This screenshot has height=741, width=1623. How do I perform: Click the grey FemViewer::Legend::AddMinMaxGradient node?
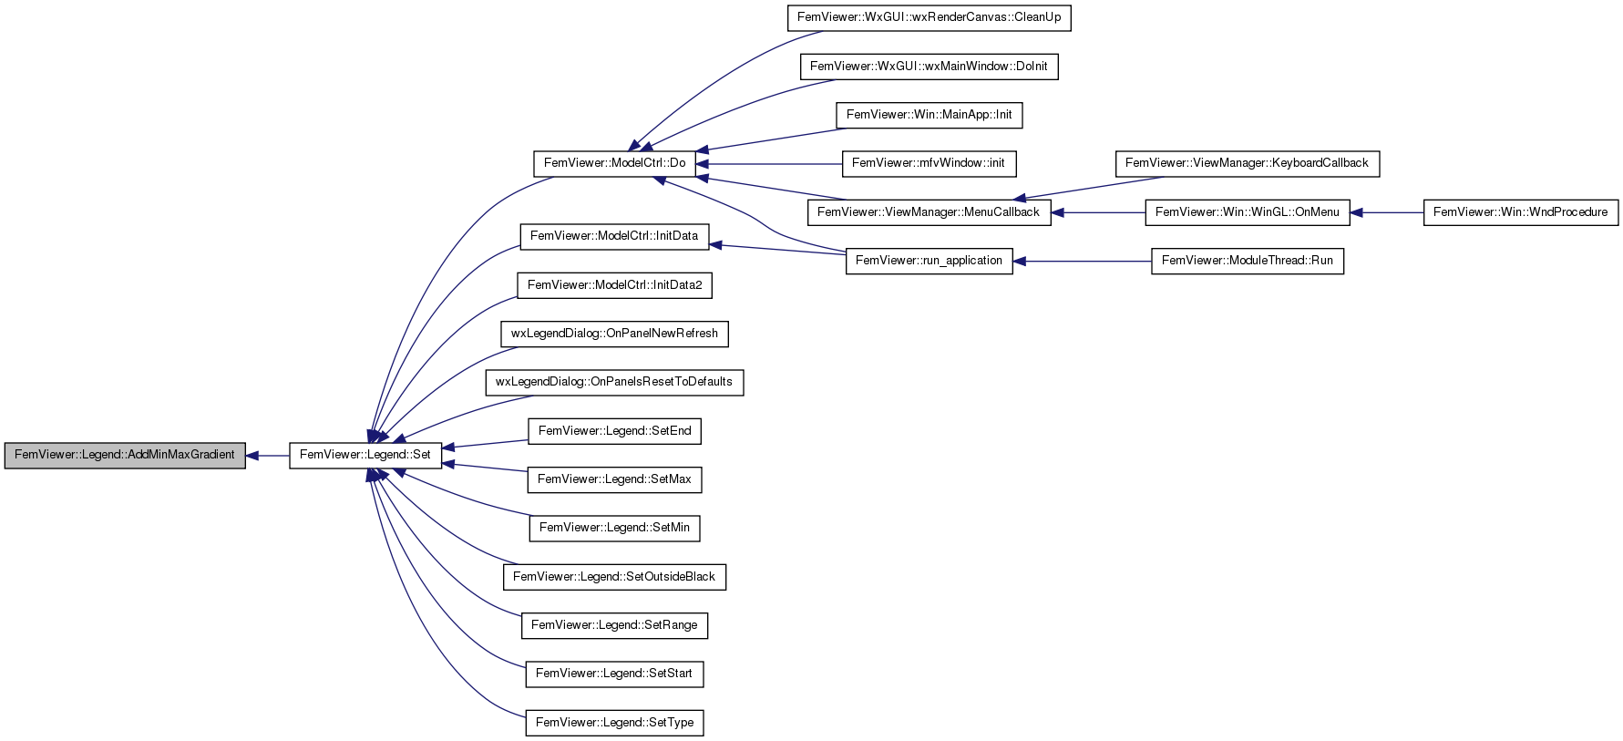pyautogui.click(x=125, y=455)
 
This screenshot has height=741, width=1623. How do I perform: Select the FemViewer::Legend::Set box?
pyautogui.click(x=365, y=455)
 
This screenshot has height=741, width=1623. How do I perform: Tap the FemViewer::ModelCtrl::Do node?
pyautogui.click(x=615, y=163)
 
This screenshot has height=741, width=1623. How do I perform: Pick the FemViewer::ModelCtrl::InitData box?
pyautogui.click(x=614, y=236)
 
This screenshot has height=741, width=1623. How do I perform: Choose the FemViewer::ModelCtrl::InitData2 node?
pyautogui.click(x=615, y=285)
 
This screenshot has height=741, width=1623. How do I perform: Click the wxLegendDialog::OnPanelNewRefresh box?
pyautogui.click(x=614, y=334)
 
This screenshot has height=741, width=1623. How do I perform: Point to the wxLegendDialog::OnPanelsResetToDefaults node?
pyautogui.click(x=614, y=382)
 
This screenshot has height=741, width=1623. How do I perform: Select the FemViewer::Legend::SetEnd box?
pyautogui.click(x=615, y=431)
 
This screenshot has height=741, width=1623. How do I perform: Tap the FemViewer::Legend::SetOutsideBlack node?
pyautogui.click(x=614, y=577)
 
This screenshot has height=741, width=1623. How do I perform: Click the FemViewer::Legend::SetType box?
pyautogui.click(x=615, y=723)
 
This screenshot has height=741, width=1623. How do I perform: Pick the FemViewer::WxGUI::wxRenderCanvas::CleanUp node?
pyautogui.click(x=930, y=17)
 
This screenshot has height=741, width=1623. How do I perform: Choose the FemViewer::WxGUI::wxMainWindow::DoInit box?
pyautogui.click(x=930, y=67)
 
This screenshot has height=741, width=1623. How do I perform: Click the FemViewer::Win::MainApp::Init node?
pyautogui.click(x=930, y=115)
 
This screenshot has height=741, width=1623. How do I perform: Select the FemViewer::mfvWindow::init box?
pyautogui.click(x=930, y=163)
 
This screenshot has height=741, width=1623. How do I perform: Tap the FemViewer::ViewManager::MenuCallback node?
pyautogui.click(x=930, y=212)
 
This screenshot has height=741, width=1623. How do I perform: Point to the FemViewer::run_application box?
pyautogui.click(x=930, y=261)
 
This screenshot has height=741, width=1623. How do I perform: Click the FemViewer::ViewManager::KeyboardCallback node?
pyautogui.click(x=1248, y=163)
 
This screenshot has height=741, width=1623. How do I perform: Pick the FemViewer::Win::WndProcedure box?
pyautogui.click(x=1521, y=212)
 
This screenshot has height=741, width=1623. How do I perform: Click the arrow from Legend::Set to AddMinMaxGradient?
pyautogui.click(x=268, y=455)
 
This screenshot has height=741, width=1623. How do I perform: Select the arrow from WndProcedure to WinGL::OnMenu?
pyautogui.click(x=1386, y=212)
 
